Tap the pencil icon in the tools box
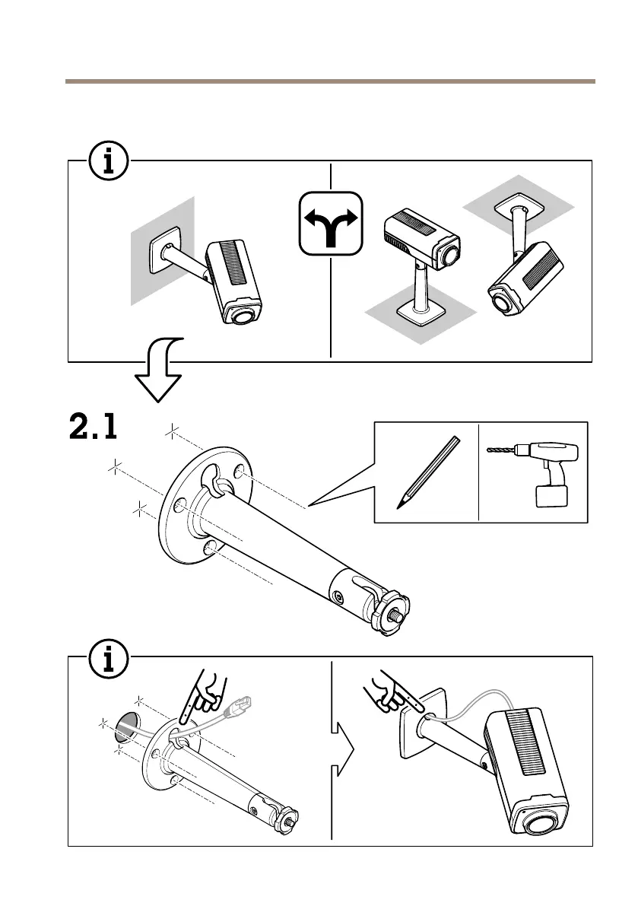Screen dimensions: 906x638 (427, 472)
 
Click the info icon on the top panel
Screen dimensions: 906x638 (110, 161)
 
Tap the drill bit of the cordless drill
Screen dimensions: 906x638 (503, 450)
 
